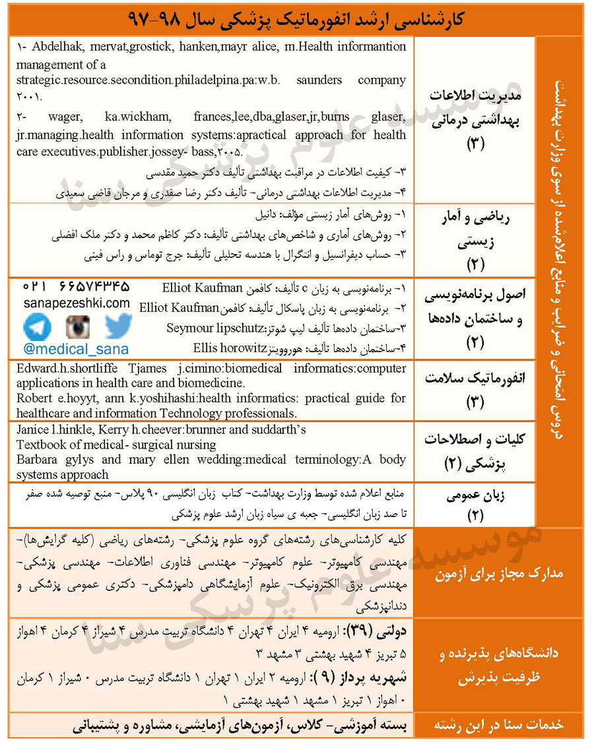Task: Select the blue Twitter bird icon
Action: tap(118, 326)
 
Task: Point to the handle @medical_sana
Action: tap(77, 349)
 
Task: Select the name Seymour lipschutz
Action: tap(215, 328)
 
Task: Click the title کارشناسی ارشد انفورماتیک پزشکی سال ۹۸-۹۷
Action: tap(296, 19)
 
